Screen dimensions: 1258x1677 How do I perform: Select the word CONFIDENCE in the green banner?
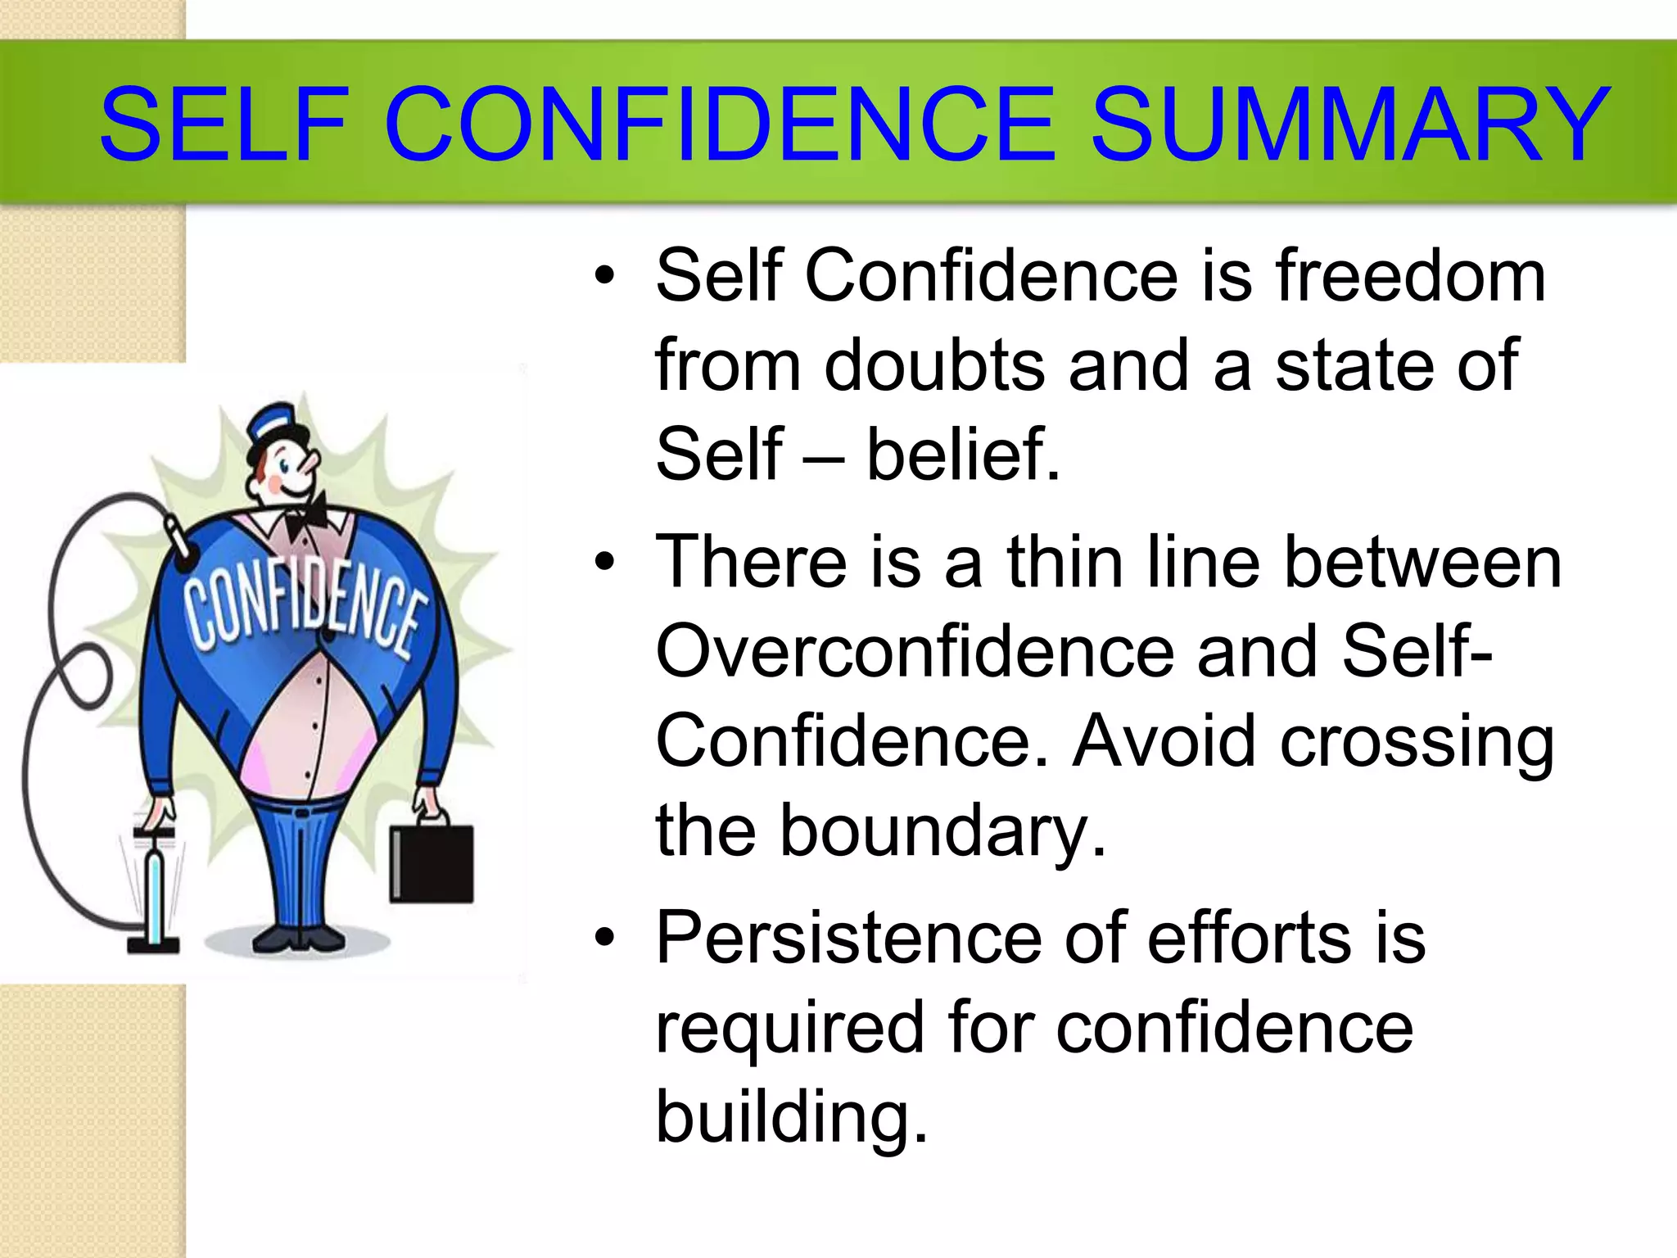click(720, 125)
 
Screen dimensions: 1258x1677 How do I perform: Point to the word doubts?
click(934, 365)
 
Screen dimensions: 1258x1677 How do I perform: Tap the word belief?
click(963, 455)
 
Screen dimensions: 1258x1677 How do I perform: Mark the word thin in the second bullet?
click(1065, 563)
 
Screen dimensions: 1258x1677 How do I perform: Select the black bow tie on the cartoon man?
click(306, 515)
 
